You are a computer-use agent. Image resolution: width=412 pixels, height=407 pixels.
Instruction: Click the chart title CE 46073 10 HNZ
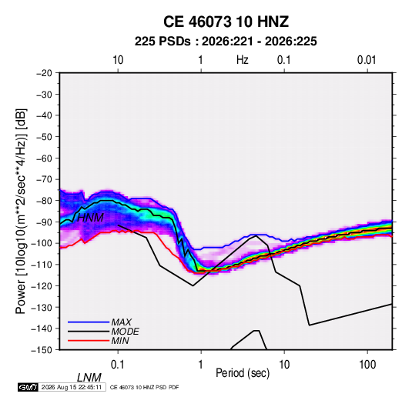click(226, 22)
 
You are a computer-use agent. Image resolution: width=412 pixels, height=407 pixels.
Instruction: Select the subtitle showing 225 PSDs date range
click(226, 42)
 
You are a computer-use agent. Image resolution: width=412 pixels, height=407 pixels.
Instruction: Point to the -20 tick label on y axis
click(44, 73)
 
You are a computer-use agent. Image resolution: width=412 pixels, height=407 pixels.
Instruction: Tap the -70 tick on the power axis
click(44, 179)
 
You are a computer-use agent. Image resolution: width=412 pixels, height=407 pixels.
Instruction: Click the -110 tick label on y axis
click(42, 265)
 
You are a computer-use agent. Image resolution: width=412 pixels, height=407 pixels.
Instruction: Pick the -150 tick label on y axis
click(42, 350)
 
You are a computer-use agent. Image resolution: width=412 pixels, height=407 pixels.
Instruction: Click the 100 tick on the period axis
click(367, 365)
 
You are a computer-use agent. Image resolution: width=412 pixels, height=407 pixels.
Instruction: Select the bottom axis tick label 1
click(201, 365)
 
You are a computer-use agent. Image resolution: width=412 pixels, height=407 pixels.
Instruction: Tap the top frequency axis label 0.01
click(367, 60)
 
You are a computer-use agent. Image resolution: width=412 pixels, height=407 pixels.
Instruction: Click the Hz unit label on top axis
click(243, 60)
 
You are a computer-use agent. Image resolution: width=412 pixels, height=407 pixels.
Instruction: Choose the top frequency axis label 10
click(118, 60)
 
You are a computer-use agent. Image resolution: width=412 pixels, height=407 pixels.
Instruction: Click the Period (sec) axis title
click(243, 373)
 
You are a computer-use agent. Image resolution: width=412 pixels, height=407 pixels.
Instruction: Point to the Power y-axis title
click(21, 212)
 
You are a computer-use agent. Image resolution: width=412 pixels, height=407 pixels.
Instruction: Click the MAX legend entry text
click(121, 322)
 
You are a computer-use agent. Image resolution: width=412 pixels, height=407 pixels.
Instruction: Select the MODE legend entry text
click(125, 332)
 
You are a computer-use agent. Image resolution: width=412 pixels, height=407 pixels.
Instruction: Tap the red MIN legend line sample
click(89, 341)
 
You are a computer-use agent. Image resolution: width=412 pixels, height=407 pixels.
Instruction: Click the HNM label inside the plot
click(90, 218)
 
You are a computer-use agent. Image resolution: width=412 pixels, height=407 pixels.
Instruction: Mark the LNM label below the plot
click(89, 378)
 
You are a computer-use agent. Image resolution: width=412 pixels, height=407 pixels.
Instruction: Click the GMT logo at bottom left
click(28, 387)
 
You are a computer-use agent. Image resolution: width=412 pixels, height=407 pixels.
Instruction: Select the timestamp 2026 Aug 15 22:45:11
click(72, 387)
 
